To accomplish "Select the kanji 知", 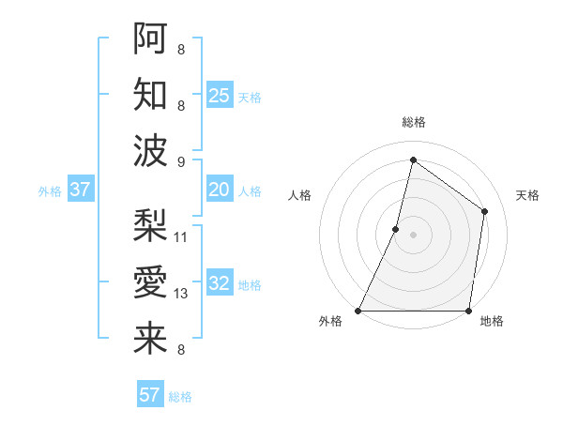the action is (x=150, y=94).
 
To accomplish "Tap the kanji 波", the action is (x=150, y=149).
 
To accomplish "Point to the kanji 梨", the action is (x=150, y=225).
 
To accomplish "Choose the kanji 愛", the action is (x=150, y=281).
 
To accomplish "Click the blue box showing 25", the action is (x=220, y=96).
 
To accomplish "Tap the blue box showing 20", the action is (x=220, y=190).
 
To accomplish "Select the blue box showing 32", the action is (x=220, y=284).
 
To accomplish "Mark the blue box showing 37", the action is (x=81, y=190).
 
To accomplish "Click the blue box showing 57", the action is (x=150, y=395).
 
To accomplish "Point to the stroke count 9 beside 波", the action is (x=181, y=161).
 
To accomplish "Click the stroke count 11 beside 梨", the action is (x=181, y=236).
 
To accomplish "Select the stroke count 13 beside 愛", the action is (x=181, y=294).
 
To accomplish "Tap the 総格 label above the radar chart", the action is (x=413, y=122).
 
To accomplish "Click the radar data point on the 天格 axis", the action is (x=485, y=211).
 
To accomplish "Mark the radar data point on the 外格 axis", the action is (x=358, y=311).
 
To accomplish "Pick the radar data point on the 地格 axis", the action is (x=468, y=311).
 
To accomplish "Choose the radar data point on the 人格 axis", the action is (x=396, y=229).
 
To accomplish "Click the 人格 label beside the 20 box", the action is (x=250, y=191).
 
